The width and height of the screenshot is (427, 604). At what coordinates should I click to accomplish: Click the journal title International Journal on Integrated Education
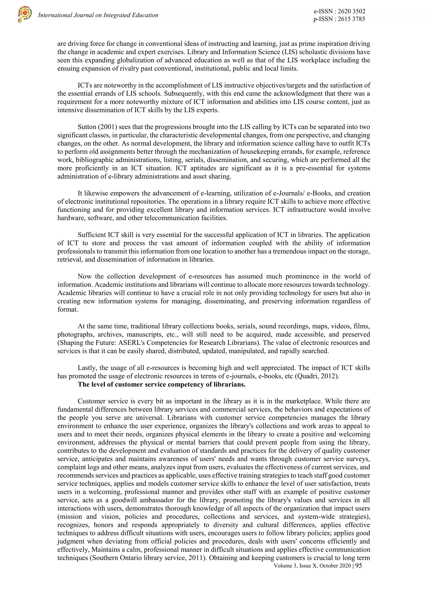(98, 15)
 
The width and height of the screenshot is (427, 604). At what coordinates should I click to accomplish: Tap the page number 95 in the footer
(358, 566)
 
